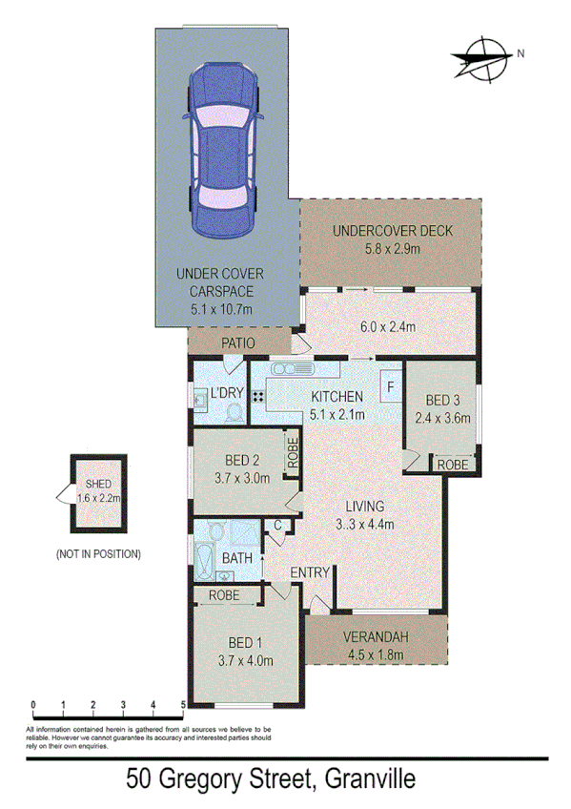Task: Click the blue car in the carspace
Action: (x=226, y=151)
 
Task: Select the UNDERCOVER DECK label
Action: (x=391, y=231)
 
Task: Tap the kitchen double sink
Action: (x=293, y=369)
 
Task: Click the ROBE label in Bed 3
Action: (x=453, y=464)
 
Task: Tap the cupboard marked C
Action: (x=277, y=525)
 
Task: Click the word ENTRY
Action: (x=312, y=572)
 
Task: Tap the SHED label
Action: (x=99, y=484)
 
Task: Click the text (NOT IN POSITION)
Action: (x=98, y=553)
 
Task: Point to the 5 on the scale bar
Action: (x=182, y=706)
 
